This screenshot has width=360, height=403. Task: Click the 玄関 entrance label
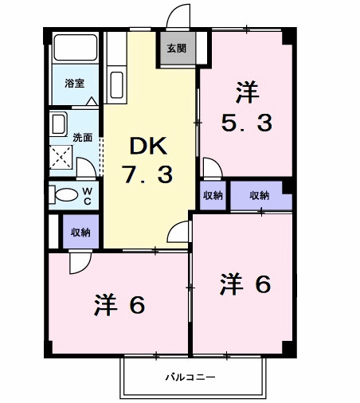(176, 48)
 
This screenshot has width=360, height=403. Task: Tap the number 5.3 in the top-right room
(247, 123)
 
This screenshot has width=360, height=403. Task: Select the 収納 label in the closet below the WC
(80, 233)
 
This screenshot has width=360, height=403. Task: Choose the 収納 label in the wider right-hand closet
(260, 196)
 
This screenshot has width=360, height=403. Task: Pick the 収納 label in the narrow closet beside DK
(212, 196)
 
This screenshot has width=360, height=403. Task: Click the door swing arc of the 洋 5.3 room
(212, 167)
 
